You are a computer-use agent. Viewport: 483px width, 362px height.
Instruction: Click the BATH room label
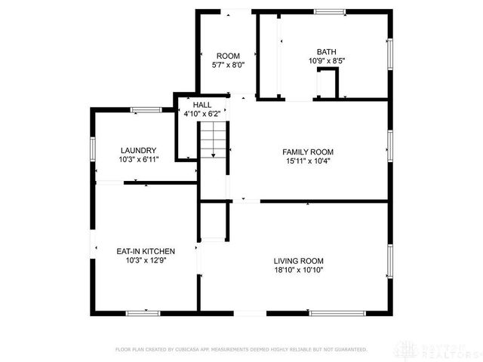tap(326, 51)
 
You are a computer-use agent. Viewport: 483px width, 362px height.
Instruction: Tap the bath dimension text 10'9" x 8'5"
tap(326, 61)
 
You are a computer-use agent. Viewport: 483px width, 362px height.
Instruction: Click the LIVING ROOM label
tap(299, 260)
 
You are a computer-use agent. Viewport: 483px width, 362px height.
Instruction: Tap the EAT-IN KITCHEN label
tap(146, 251)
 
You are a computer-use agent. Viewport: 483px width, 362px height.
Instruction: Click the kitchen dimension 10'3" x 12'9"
tap(146, 260)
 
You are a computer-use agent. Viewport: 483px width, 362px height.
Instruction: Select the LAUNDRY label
tap(137, 150)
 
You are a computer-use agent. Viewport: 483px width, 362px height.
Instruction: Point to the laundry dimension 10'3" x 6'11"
tap(137, 159)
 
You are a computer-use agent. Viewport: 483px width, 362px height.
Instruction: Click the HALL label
tap(202, 105)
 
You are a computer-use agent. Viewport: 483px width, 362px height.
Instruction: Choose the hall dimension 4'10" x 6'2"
tap(202, 114)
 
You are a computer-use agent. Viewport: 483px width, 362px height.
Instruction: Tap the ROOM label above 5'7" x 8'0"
tap(227, 56)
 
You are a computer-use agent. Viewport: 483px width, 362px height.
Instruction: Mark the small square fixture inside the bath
tap(328, 81)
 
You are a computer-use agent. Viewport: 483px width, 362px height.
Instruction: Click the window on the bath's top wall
tap(330, 11)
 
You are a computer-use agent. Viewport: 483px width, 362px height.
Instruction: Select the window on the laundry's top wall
tap(145, 110)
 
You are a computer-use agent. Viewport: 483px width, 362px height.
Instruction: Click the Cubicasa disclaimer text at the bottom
tap(241, 349)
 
